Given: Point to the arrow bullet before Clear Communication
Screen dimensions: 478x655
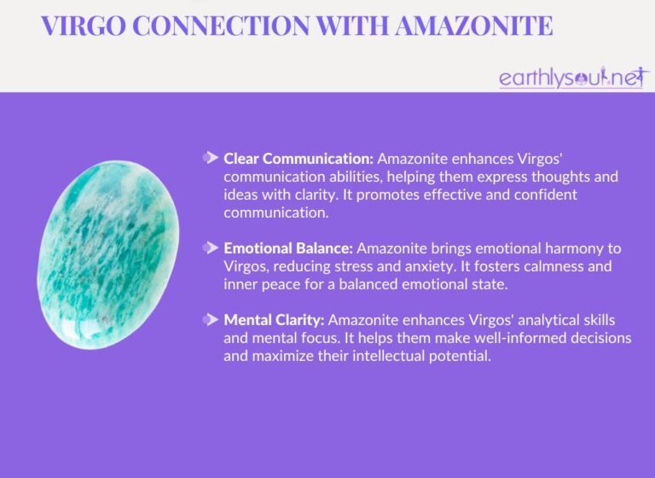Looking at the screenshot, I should [211, 158].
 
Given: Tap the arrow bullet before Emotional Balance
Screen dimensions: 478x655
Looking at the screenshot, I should [211, 248].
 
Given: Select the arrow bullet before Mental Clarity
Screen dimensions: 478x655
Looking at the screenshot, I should [211, 320].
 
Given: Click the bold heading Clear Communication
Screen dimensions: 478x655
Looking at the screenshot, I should [299, 159].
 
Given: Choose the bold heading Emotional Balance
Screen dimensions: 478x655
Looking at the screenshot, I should [288, 248].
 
